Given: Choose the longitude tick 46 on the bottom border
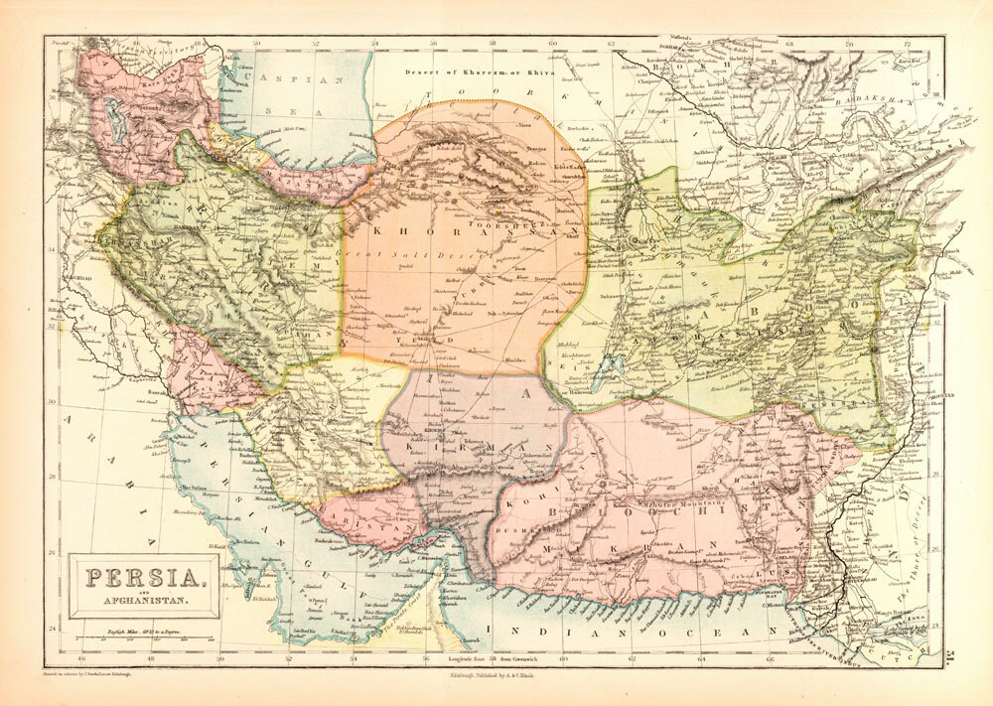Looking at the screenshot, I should (x=78, y=656).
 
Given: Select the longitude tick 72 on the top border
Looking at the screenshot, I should (x=907, y=44).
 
